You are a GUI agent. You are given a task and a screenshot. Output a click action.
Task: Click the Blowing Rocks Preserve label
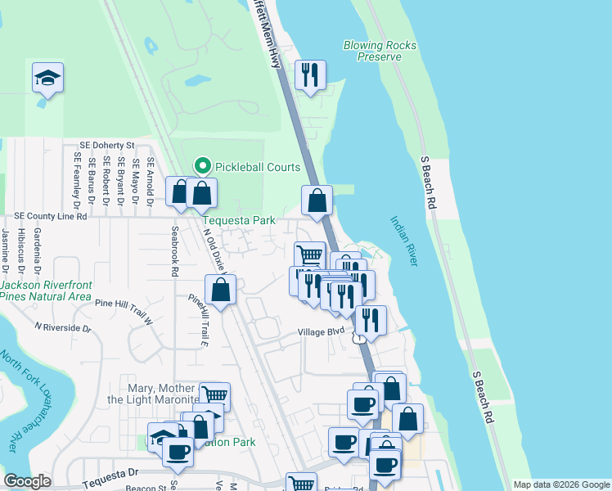380,51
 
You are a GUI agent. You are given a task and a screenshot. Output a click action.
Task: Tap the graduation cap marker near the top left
47,79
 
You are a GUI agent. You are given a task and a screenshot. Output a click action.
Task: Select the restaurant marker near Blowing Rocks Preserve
309,76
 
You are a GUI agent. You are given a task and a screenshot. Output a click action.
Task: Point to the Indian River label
404,241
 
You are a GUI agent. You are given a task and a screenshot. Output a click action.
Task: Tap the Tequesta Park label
239,220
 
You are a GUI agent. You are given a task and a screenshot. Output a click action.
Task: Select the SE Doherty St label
106,144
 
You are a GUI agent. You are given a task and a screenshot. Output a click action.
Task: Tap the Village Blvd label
321,332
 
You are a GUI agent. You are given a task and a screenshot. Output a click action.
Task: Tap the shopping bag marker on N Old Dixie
220,290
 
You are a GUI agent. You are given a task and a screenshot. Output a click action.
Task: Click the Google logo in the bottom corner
27,481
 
